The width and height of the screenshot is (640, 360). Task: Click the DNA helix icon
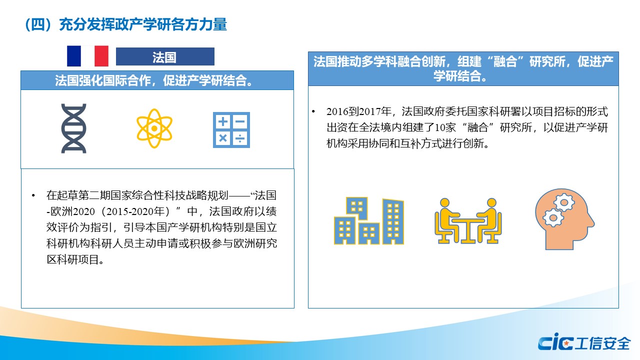pos(73,128)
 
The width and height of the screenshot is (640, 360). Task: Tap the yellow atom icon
pos(154,128)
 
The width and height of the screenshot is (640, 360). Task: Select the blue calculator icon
pos(231,130)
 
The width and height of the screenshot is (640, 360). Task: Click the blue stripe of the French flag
pos(74,56)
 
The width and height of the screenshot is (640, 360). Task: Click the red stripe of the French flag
pos(101,56)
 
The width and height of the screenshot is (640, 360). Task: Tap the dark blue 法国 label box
pos(165,56)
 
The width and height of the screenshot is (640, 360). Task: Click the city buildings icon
pos(369,220)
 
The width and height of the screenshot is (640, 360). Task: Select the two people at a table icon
pos(468,221)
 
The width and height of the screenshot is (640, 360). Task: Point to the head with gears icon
pos(564,219)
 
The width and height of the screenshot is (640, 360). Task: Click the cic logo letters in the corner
pos(555,341)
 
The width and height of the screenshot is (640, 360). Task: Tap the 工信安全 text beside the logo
pos(602,343)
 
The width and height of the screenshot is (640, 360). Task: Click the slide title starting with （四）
pos(126,24)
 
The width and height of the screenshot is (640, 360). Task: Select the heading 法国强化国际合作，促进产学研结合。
pos(154,80)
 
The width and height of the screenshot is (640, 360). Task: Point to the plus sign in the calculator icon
pos(223,121)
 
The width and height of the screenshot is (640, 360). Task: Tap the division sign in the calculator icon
pos(239,138)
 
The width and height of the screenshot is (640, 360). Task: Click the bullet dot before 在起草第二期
pos(33,195)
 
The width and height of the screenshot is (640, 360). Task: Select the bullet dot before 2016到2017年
pos(313,111)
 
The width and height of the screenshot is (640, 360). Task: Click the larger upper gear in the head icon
pos(563,202)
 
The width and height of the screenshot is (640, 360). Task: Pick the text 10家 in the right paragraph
pos(445,127)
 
